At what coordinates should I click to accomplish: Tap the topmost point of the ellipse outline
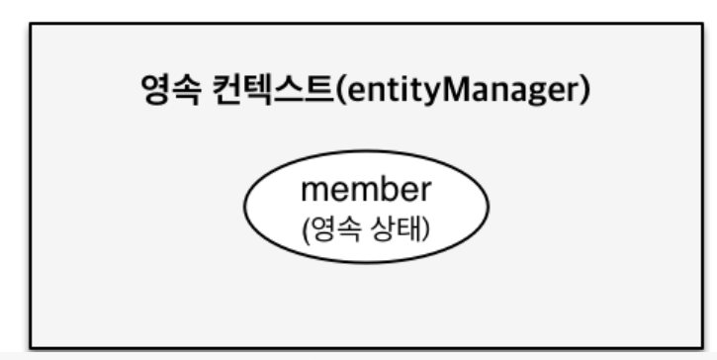coord(367,162)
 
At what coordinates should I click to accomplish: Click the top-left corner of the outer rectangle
coord(31,25)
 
